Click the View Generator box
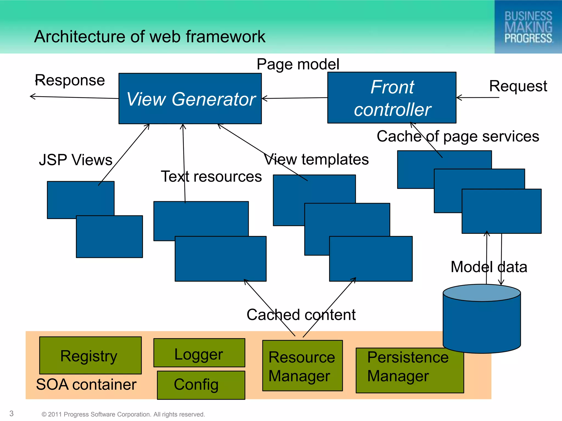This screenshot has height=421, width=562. coord(190,99)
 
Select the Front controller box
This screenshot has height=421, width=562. coord(392,98)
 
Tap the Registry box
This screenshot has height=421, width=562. coord(90,355)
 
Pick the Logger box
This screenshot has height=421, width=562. coord(199,353)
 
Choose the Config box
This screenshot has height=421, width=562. coord(201,385)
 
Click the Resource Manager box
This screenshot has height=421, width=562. coord(302,366)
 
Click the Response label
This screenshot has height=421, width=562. coord(70,80)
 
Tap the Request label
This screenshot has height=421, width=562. coord(518,86)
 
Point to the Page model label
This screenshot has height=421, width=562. coord(298,64)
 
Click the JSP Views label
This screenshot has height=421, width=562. coord(76,160)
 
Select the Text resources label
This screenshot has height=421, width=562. coord(211,176)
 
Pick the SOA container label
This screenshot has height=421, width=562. coord(86,384)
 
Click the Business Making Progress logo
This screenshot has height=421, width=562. coord(528,27)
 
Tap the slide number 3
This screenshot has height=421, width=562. coord(12,414)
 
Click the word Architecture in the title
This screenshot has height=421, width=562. coord(80,36)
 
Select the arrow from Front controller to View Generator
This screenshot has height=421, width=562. coord(295,98)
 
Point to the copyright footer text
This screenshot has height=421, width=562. coord(123,414)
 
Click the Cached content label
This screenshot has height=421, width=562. coord(301,315)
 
